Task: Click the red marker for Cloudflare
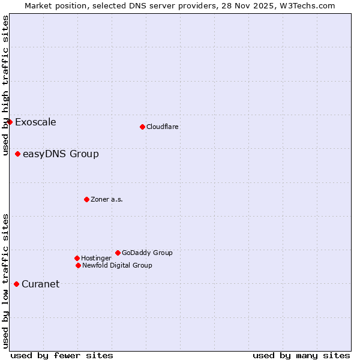coord(142,127)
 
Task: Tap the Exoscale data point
coord(10,122)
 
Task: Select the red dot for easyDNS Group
coord(17,154)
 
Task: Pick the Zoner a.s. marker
coord(86,199)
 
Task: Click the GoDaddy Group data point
coord(118,253)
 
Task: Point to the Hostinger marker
coord(77,258)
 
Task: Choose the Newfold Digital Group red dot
coord(78,265)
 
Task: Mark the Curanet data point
coord(16,284)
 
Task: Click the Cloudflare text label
coord(163,127)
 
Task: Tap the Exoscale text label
coord(35,122)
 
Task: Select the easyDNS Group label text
coord(61,154)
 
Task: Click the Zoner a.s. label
coord(107,199)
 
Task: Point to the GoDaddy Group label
coord(147,253)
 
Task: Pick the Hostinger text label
coord(96,258)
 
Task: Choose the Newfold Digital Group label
coord(117,265)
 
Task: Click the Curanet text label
coord(40,284)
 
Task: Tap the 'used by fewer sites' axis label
coord(62,355)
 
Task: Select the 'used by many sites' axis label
coord(301,355)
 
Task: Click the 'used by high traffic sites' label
coord(5,86)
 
